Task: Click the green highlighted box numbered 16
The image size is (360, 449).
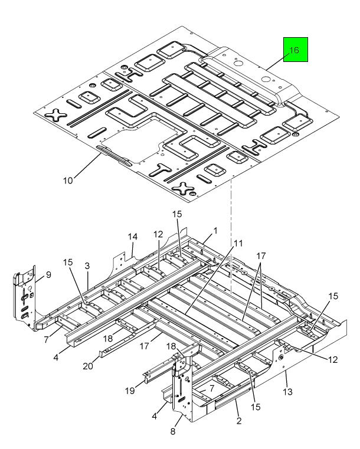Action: (296, 50)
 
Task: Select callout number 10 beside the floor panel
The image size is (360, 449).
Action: (68, 181)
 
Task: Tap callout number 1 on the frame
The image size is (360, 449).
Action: (215, 231)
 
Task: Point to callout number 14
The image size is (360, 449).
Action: (132, 237)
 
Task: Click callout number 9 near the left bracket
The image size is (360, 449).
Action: (48, 275)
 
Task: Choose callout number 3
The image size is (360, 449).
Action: (87, 266)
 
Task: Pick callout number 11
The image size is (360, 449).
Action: (238, 244)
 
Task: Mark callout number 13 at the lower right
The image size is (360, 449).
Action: (287, 391)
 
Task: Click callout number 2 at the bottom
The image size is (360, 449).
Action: (239, 421)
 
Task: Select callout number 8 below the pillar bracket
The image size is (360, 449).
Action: (173, 431)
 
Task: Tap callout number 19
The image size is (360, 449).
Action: (130, 391)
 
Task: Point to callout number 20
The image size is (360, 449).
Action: (88, 366)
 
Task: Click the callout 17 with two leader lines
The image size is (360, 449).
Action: (261, 255)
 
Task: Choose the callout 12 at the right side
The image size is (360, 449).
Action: (333, 359)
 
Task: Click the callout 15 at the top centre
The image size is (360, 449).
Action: (177, 214)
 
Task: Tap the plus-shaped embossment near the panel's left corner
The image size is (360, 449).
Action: (56, 116)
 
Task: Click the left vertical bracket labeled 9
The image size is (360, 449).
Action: (25, 298)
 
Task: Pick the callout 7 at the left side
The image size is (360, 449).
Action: (47, 340)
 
